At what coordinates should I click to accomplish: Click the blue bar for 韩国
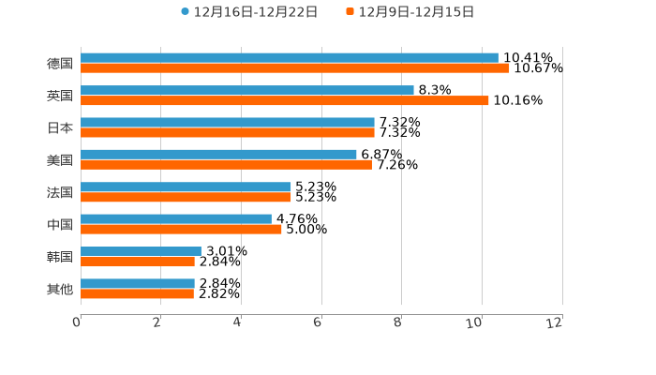pos(141,251)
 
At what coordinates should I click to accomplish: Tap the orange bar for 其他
pos(137,294)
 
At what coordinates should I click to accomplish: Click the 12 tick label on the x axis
pos(555,322)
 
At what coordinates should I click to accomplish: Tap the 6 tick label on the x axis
pos(318,322)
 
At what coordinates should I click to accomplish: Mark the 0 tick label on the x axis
pos(77,322)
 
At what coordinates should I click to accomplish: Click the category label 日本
pos(60,127)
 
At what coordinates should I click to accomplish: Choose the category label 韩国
pos(60,257)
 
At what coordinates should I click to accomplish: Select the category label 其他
pos(60,289)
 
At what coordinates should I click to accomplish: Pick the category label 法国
pos(60,192)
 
